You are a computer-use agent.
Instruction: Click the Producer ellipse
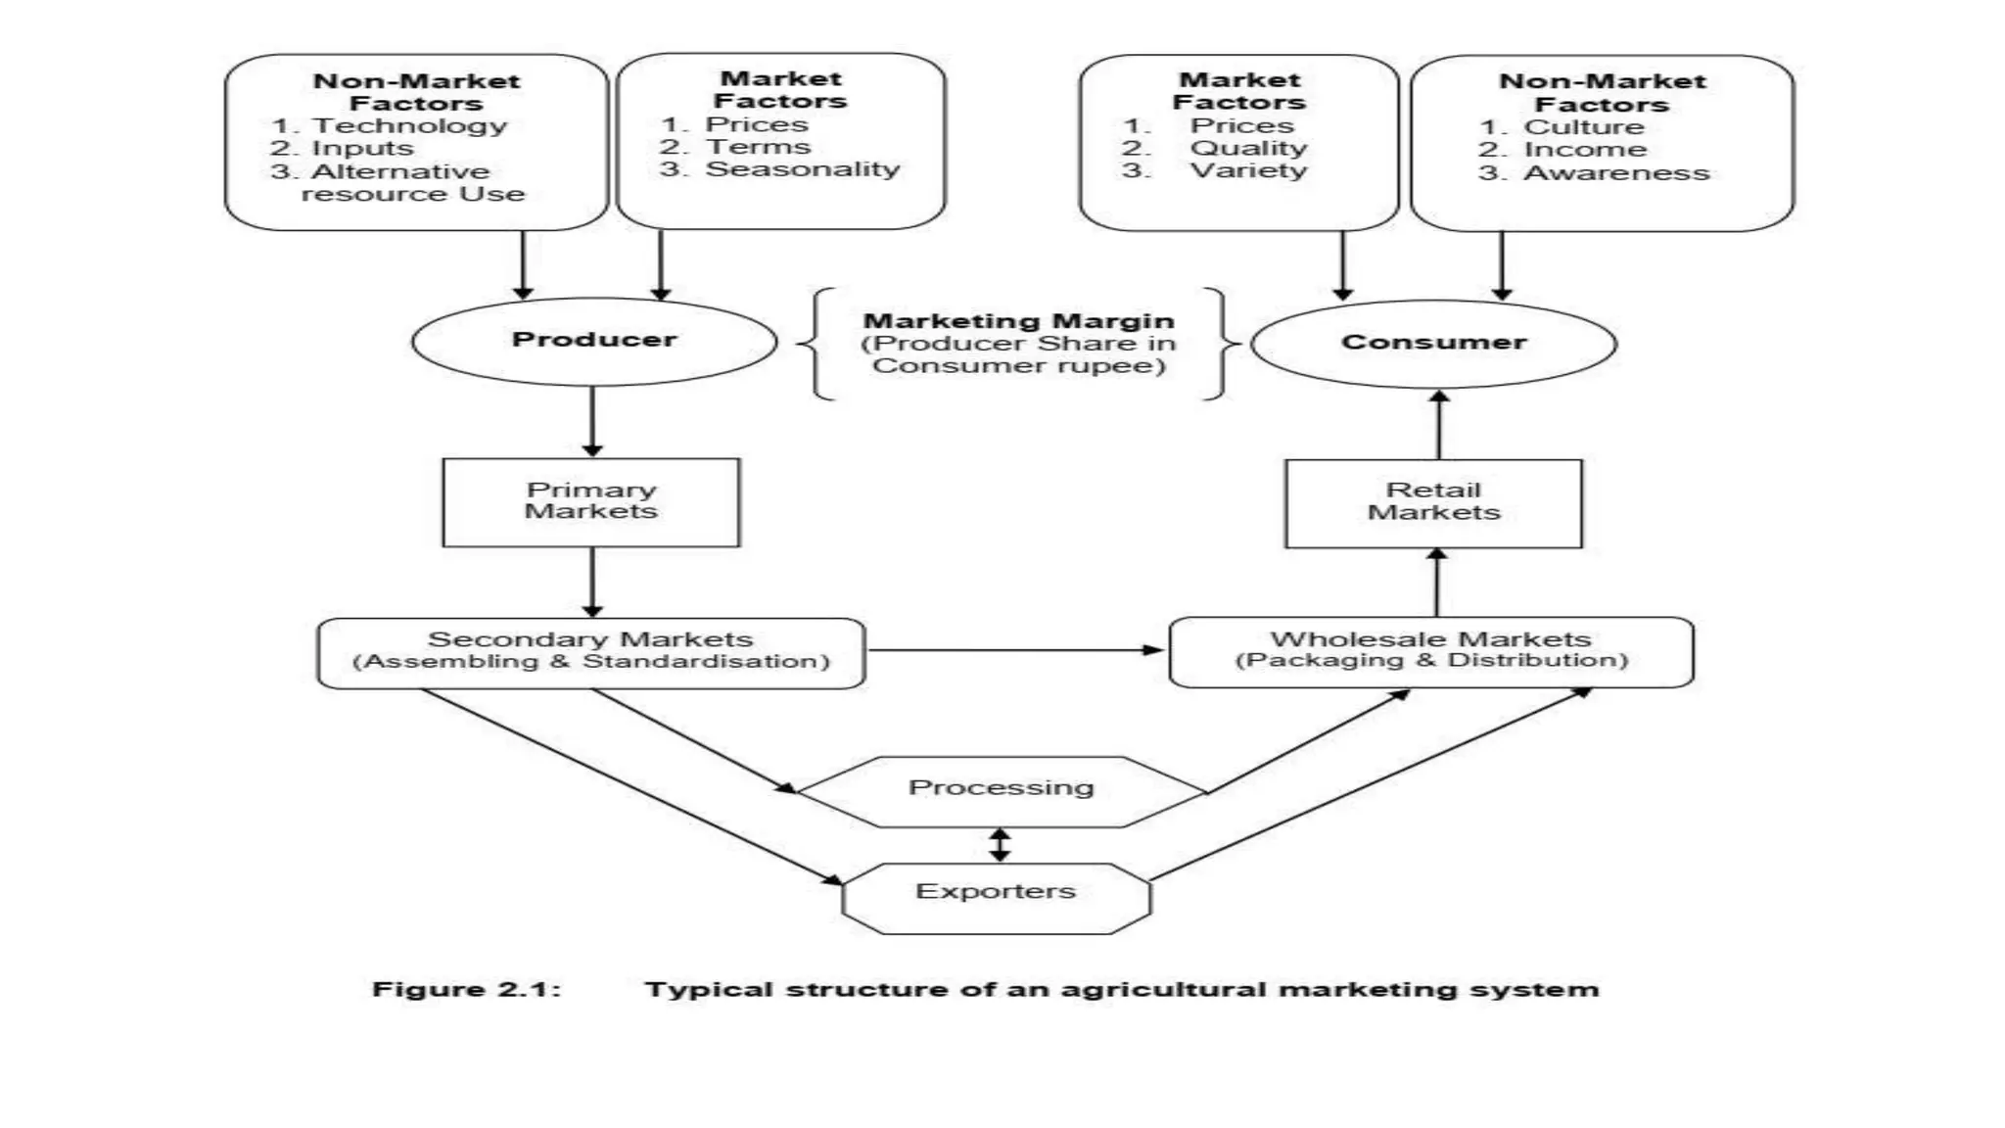click(594, 341)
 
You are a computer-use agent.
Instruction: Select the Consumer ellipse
click(1433, 343)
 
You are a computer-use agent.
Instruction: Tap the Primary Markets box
click(591, 501)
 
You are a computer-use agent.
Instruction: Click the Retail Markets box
click(1433, 502)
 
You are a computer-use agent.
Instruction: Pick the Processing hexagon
click(1002, 789)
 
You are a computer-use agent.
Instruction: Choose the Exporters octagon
click(996, 895)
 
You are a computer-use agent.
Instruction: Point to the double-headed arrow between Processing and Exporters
click(999, 844)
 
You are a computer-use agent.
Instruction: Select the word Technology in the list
click(409, 126)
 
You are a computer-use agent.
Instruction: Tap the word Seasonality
click(803, 169)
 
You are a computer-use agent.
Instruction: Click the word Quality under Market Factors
click(1248, 148)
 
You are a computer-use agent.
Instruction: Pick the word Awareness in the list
click(1616, 173)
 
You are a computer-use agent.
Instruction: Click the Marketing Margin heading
click(1018, 321)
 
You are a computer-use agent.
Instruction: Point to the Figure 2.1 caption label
click(466, 989)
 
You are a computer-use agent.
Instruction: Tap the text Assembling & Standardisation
click(590, 662)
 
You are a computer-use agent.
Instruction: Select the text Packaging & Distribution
click(1431, 661)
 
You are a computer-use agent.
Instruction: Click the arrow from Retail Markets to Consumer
click(1439, 425)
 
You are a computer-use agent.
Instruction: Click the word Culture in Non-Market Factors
click(1584, 127)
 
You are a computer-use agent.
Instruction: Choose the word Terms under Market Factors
click(758, 147)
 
